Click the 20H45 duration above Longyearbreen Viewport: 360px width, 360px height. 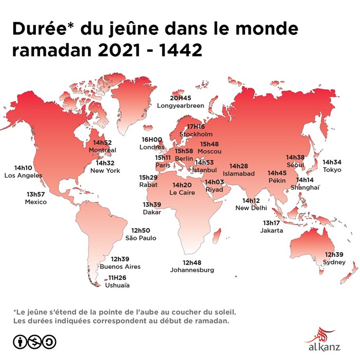[180, 98]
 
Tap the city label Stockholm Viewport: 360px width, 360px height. [196, 134]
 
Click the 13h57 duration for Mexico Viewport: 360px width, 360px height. [36, 194]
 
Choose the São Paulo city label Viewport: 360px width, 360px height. [141, 238]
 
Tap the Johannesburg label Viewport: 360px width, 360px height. [192, 270]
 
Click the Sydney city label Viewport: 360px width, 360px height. [335, 262]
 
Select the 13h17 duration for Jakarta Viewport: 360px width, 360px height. [272, 223]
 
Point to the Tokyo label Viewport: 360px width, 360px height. [332, 170]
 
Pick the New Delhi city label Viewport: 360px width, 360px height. [251, 208]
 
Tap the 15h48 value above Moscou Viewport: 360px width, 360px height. [209, 144]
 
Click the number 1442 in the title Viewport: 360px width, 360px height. [177, 51]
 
